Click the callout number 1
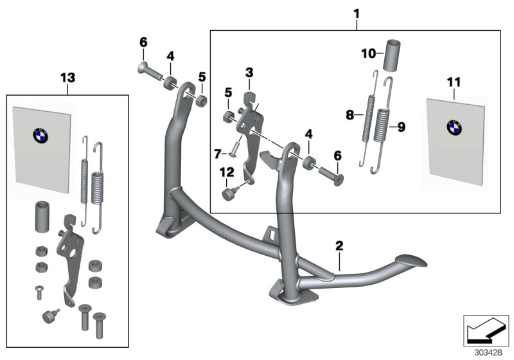[x=357, y=13]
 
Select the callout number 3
[x=249, y=73]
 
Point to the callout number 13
[x=67, y=78]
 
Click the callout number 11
[x=454, y=82]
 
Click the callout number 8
[x=350, y=115]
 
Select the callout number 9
[x=401, y=127]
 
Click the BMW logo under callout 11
[x=454, y=127]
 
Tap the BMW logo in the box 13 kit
[x=41, y=134]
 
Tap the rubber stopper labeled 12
[x=229, y=195]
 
